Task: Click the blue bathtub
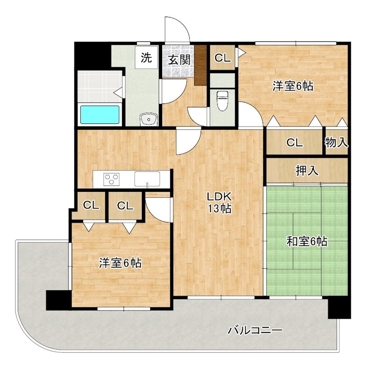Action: tap(100, 115)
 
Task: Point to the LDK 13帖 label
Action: tap(219, 202)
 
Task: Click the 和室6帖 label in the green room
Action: tap(307, 241)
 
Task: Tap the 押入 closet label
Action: tap(307, 171)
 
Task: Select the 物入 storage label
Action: tap(336, 142)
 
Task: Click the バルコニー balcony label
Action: tap(255, 330)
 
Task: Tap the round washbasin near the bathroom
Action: tap(149, 120)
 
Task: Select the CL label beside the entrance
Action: tap(223, 58)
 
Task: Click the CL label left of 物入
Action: tap(294, 143)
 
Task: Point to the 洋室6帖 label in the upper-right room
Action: tap(293, 86)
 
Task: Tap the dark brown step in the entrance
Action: tap(200, 64)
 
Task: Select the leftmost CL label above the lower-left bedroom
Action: tap(91, 206)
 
